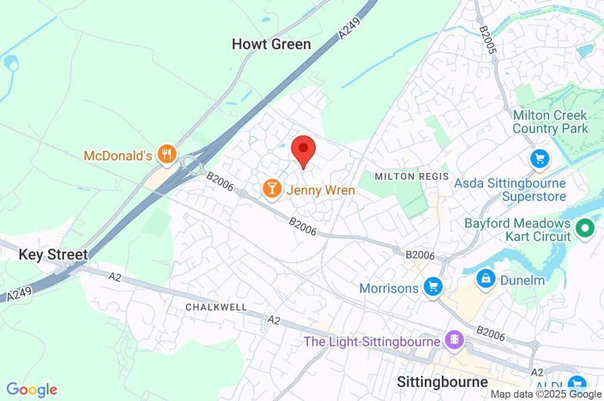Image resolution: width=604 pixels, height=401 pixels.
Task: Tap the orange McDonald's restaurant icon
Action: pyautogui.click(x=167, y=155)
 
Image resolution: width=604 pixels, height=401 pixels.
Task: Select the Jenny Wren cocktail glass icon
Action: pyautogui.click(x=271, y=189)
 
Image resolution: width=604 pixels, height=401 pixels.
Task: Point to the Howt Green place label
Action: pyautogui.click(x=271, y=44)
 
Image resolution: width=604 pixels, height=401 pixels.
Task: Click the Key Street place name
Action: pyautogui.click(x=53, y=255)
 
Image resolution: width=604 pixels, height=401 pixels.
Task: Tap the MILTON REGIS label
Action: pyautogui.click(x=412, y=176)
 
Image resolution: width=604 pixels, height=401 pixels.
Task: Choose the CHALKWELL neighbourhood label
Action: pyautogui.click(x=216, y=307)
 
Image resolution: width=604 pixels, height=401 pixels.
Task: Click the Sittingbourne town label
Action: pyautogui.click(x=442, y=381)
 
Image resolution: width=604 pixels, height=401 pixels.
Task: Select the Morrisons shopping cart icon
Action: pyautogui.click(x=434, y=287)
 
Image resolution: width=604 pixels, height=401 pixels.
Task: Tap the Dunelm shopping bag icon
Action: pyautogui.click(x=486, y=279)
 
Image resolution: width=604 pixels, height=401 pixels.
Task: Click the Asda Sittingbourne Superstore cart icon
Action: pyautogui.click(x=539, y=157)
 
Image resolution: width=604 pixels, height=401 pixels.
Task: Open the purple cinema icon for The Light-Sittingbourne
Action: pyautogui.click(x=455, y=340)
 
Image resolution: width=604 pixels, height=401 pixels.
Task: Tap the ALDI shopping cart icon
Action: pyautogui.click(x=576, y=384)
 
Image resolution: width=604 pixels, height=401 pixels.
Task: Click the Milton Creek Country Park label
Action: pyautogui.click(x=550, y=121)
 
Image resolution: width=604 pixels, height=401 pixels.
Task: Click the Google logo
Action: pyautogui.click(x=32, y=390)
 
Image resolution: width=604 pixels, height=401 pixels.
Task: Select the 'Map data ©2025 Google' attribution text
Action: pyautogui.click(x=546, y=395)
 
